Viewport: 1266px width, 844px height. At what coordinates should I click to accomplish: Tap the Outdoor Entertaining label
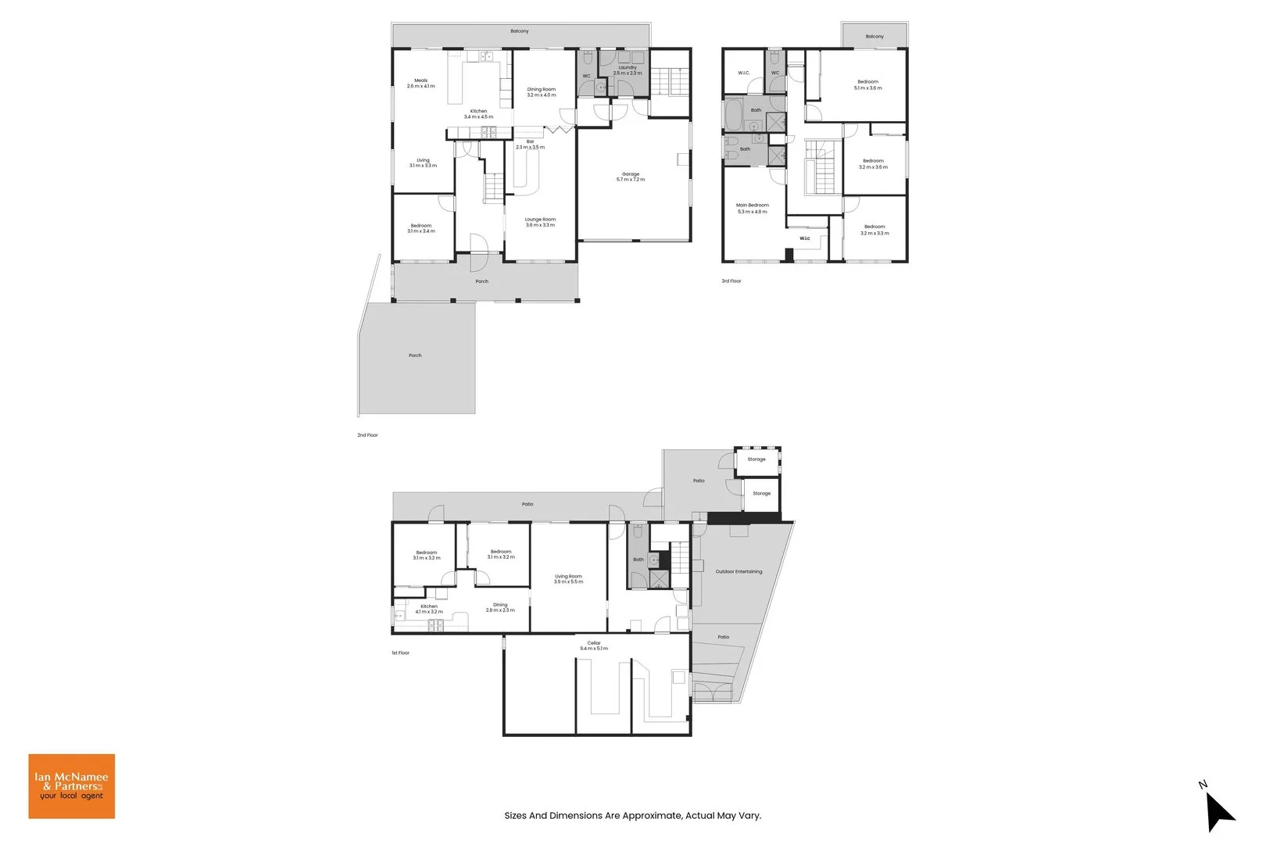(738, 571)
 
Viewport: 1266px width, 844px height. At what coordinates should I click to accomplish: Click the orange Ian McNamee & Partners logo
(72, 786)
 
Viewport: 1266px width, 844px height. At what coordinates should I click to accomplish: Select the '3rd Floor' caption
(731, 281)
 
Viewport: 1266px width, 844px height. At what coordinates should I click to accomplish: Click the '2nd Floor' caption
(367, 435)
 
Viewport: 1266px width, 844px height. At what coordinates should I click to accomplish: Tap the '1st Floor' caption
(400, 653)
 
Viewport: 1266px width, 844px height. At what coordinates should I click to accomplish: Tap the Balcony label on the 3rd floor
(874, 37)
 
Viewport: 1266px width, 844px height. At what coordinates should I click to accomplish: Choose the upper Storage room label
(756, 460)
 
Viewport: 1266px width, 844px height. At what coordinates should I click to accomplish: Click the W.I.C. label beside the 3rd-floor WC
(744, 73)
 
